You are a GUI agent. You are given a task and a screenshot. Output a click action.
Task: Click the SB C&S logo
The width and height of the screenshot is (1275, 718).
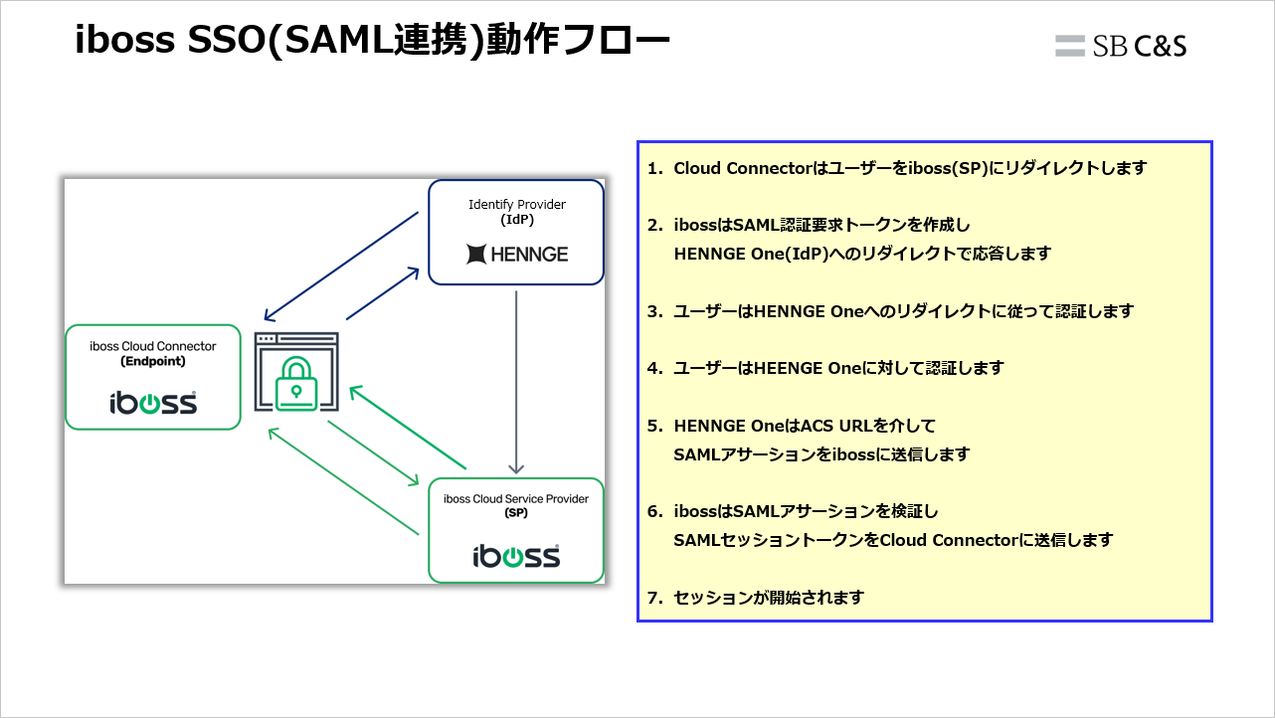click(x=1121, y=46)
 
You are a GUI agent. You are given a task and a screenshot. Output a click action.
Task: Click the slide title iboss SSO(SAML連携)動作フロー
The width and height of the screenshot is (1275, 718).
click(x=372, y=42)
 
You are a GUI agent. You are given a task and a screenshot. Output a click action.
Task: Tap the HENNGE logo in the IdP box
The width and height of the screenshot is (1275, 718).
click(x=516, y=255)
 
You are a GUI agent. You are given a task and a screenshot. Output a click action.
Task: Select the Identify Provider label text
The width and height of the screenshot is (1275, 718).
click(x=517, y=204)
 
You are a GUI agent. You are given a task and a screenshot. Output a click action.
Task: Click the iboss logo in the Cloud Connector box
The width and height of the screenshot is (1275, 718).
click(x=152, y=403)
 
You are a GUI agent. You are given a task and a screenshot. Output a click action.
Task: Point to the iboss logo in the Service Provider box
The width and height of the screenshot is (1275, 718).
click(x=515, y=555)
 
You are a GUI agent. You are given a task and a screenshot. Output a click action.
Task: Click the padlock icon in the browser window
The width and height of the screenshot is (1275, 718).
click(x=296, y=380)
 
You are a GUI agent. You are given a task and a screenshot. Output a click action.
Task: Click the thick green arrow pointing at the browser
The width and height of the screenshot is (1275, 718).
click(x=408, y=428)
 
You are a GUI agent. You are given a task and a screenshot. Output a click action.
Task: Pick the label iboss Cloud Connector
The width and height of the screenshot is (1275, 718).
click(x=152, y=346)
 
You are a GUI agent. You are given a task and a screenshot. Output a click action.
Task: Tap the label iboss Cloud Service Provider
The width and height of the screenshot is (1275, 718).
click(x=515, y=498)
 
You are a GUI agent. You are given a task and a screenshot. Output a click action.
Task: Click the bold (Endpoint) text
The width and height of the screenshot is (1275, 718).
click(x=152, y=362)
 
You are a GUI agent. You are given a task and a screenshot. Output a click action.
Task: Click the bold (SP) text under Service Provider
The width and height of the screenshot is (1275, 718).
click(x=515, y=514)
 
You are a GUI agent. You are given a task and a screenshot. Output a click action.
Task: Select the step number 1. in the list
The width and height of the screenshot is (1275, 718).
click(x=654, y=168)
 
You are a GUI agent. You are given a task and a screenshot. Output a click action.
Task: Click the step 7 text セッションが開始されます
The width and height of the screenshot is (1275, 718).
click(x=769, y=598)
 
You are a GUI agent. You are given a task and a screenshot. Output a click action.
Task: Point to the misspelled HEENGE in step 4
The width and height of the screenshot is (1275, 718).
click(x=790, y=368)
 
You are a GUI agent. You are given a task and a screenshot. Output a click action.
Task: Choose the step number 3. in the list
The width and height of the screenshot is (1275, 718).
click(x=654, y=311)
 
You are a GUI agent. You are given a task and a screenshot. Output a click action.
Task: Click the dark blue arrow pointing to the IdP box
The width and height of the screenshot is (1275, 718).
click(x=382, y=293)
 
